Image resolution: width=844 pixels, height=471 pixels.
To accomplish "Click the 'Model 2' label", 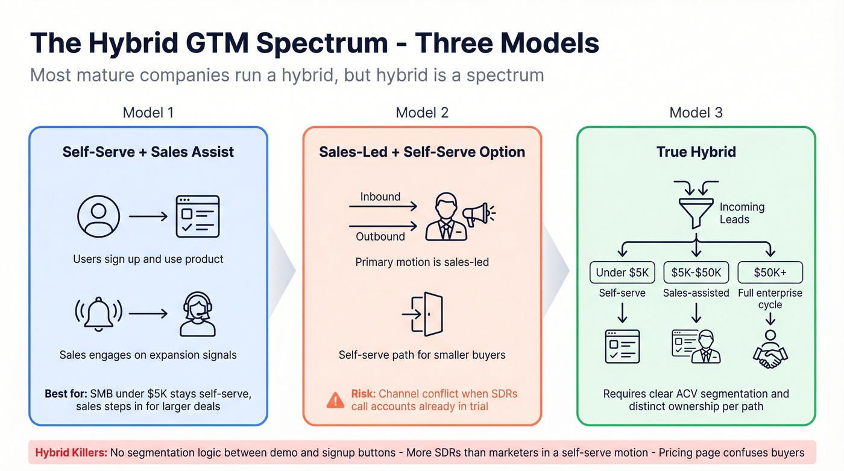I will (422, 112).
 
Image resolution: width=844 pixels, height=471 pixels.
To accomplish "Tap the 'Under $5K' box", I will (622, 273).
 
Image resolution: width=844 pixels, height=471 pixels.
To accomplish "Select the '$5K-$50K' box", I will (696, 273).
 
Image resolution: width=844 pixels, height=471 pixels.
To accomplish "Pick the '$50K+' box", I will (770, 273).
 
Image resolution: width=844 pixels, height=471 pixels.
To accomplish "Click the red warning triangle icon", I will (335, 400).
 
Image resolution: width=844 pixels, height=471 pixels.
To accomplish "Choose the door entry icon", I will (423, 314).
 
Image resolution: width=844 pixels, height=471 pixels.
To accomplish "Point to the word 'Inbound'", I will (380, 197).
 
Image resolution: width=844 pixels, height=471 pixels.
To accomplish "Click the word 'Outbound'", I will (380, 236).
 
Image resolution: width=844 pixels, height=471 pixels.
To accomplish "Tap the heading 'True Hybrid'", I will (696, 151).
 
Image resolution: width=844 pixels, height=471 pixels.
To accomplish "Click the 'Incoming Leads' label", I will (742, 213).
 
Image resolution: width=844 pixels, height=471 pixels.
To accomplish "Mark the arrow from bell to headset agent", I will (147, 314).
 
